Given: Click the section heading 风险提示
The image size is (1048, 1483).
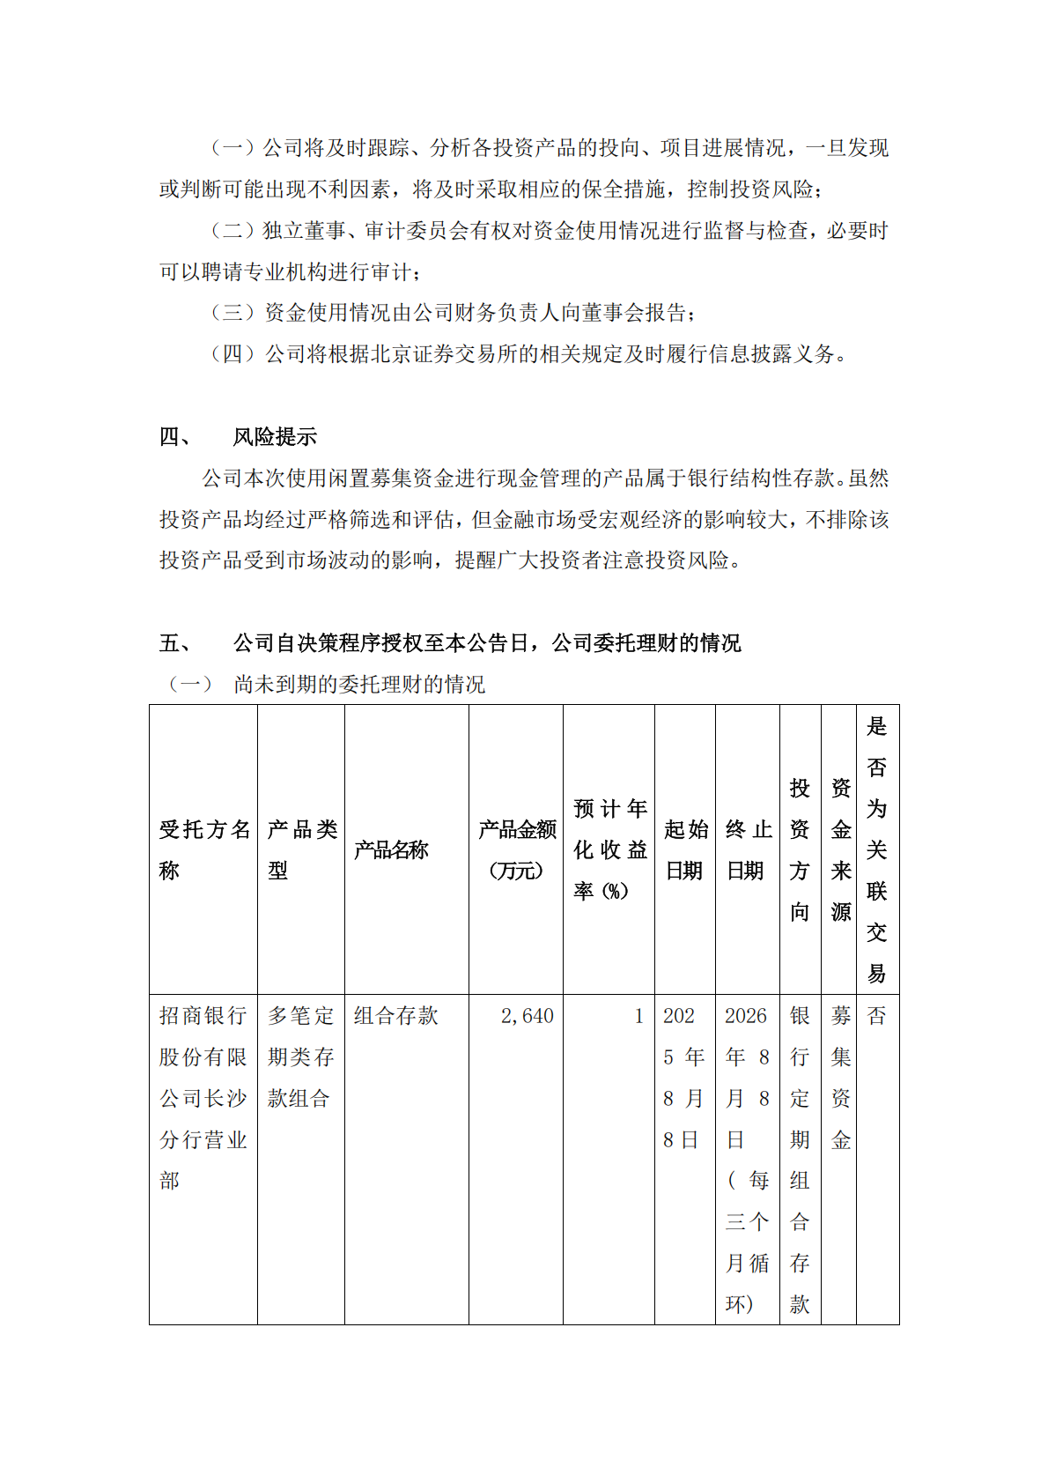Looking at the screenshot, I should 275,437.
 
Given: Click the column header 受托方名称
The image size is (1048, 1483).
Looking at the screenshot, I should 203,849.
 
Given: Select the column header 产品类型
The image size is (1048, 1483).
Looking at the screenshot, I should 301,849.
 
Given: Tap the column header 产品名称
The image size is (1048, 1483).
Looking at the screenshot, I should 391,850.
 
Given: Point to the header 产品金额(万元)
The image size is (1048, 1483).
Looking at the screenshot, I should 517,849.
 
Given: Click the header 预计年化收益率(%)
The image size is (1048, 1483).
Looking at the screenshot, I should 609,849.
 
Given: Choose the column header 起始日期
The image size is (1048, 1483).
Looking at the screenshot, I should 685,849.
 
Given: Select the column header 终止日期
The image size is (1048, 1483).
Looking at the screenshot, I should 748,849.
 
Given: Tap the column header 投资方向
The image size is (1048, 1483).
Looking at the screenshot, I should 800,849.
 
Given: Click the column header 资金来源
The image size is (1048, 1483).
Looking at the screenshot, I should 841,849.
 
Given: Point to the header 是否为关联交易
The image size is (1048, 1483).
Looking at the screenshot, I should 876,849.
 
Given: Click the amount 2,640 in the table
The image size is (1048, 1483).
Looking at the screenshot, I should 527,1016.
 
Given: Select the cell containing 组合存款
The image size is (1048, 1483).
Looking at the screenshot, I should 396,1016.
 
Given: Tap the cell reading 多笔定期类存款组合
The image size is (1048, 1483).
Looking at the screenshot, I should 300,1057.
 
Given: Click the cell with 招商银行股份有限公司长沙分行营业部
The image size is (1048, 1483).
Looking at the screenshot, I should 203,1098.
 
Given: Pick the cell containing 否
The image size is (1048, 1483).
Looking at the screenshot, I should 876,1016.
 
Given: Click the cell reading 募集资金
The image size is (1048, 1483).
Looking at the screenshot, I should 841,1078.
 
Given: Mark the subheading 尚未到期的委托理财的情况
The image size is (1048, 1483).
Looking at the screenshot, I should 359,685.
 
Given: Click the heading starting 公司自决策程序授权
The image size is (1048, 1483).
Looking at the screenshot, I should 487,643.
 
